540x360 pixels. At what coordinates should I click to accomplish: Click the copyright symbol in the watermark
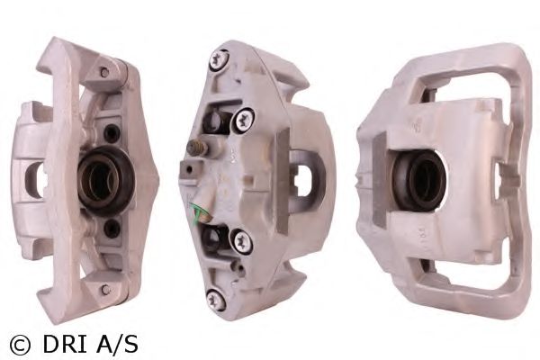point(20,346)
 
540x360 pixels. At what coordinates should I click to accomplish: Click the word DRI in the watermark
point(65,345)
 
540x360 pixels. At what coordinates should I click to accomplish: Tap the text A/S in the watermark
point(117,345)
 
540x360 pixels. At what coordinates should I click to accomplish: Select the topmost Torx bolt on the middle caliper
point(219,62)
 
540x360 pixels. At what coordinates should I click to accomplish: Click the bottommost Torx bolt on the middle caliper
point(216,299)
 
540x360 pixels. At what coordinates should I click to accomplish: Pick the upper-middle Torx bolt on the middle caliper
point(244,121)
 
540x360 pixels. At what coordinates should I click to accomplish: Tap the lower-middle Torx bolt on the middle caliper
point(242,241)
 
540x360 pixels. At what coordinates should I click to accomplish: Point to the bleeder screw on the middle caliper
point(198,148)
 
